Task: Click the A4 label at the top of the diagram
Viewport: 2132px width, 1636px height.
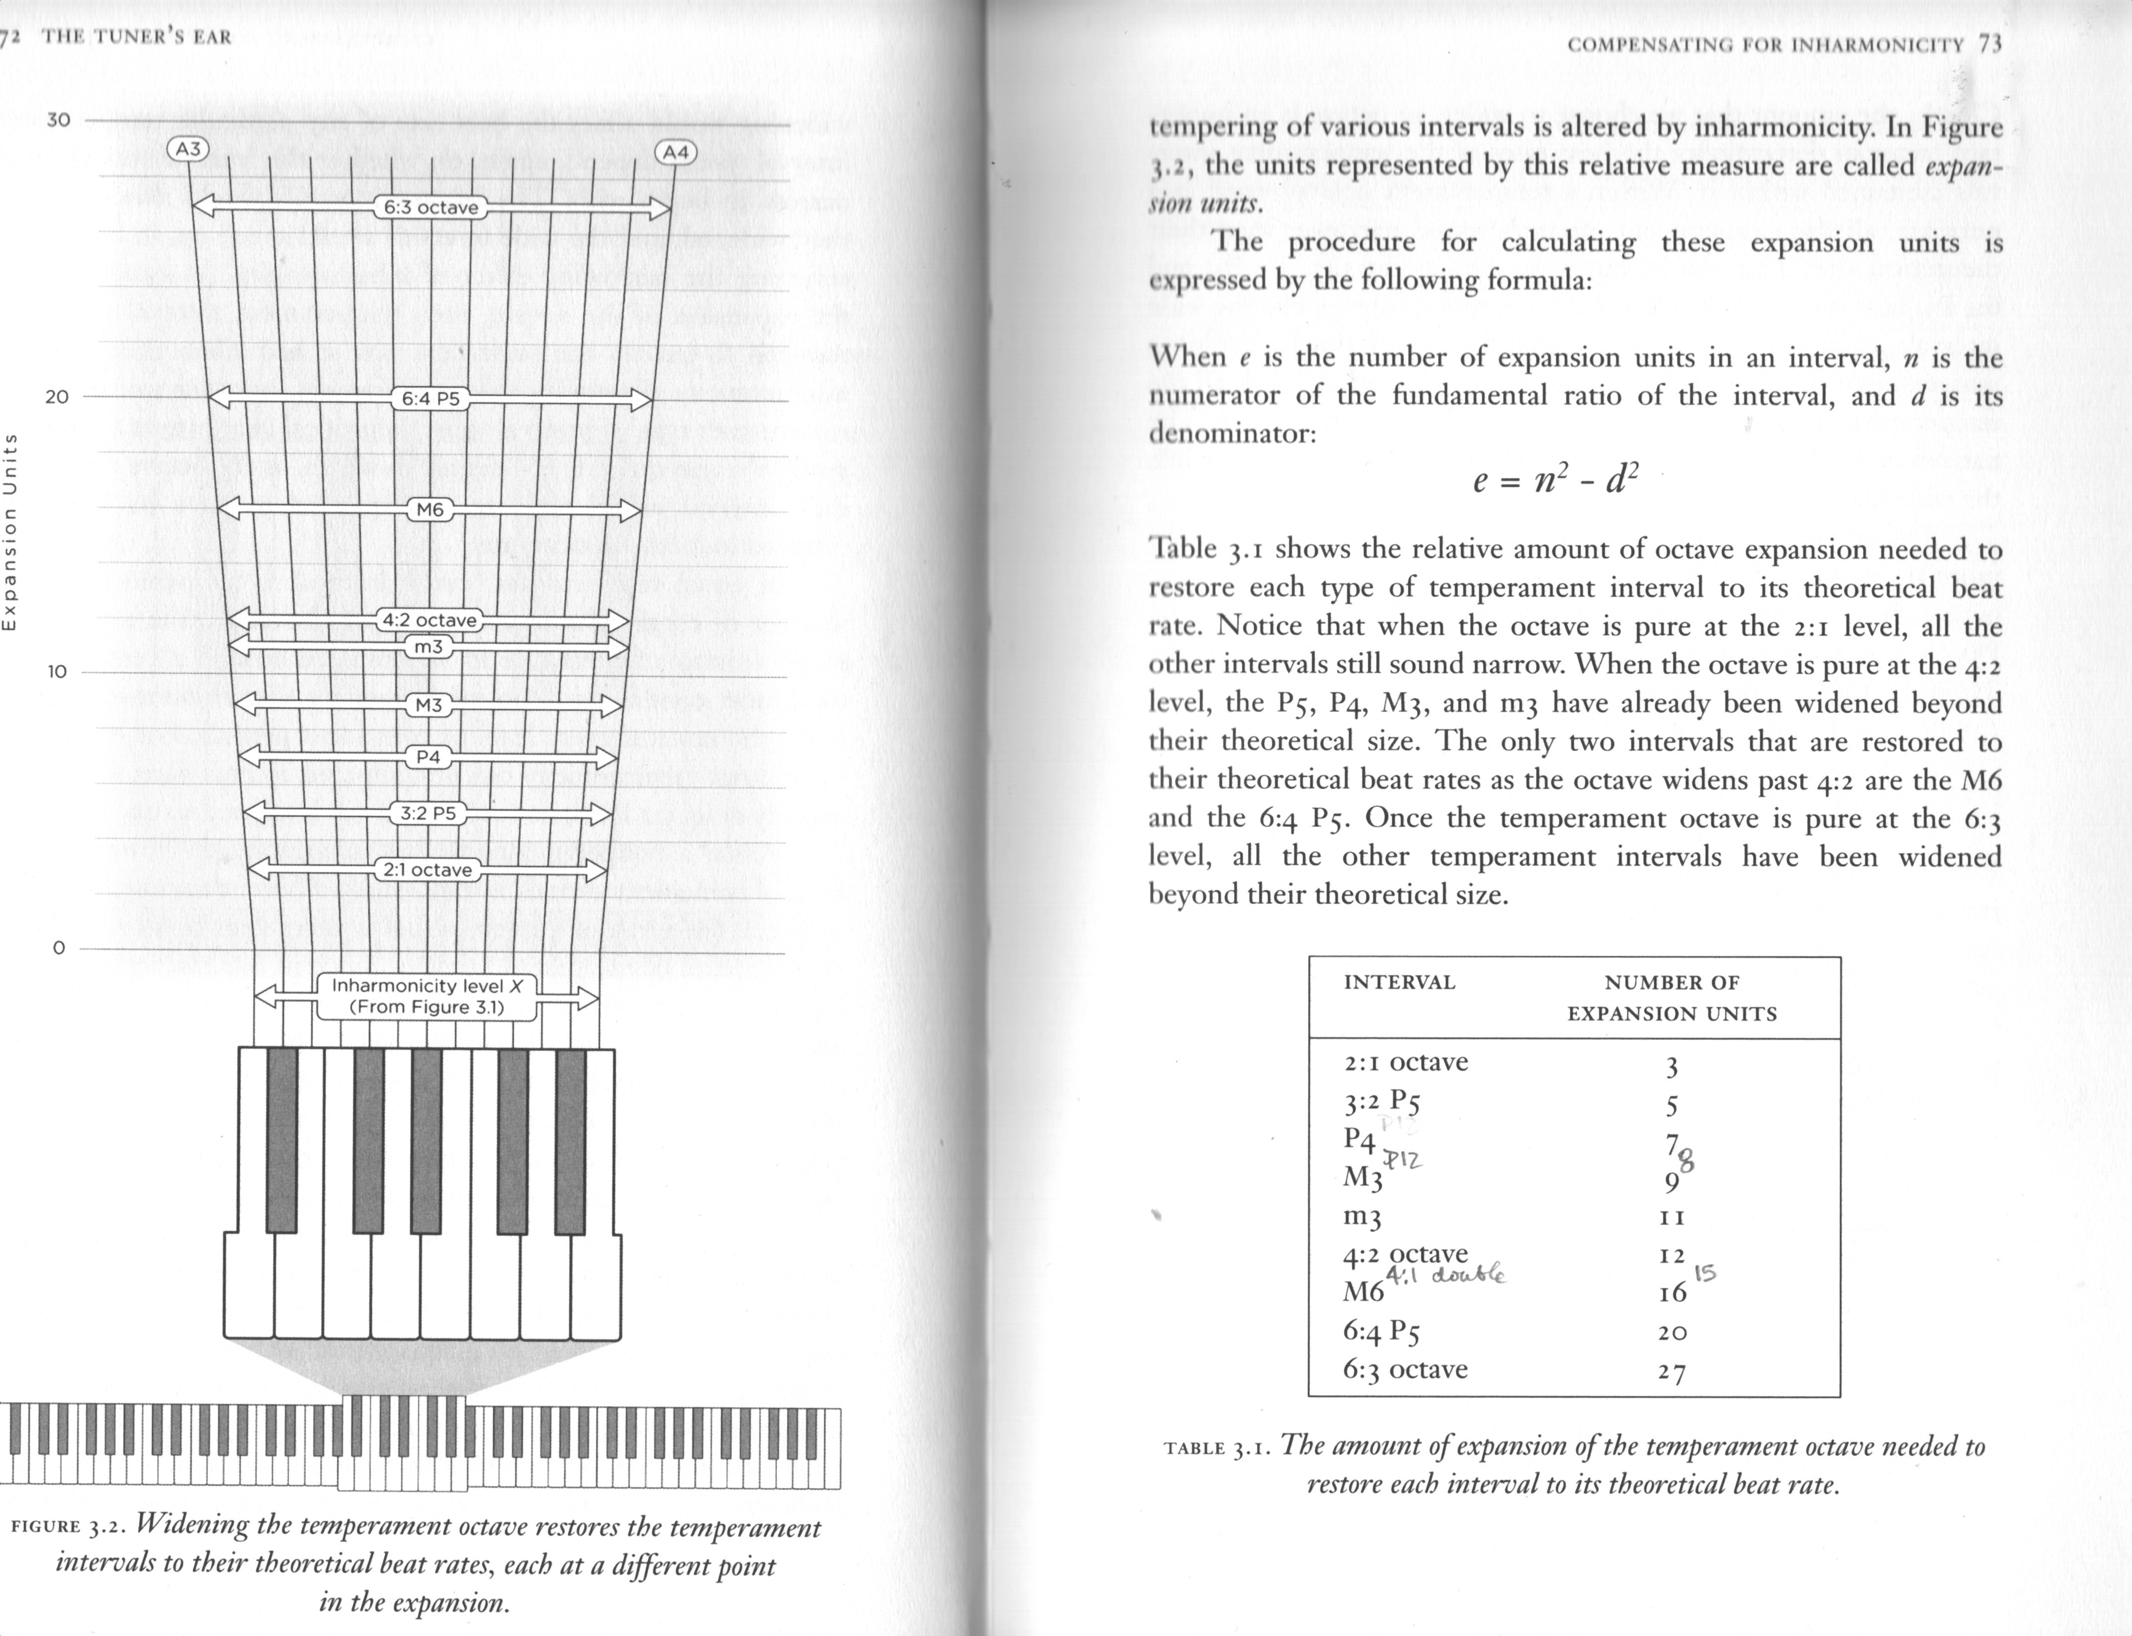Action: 676,152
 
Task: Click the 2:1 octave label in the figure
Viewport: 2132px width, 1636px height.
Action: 428,869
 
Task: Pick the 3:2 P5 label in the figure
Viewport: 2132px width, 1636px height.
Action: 428,813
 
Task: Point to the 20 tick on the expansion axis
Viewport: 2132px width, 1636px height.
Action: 57,396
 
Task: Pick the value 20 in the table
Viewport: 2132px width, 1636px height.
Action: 1671,1332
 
